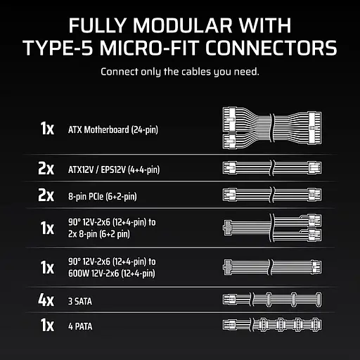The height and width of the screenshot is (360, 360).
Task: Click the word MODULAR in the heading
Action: [183, 25]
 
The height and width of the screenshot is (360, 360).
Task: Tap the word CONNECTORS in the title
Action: [271, 48]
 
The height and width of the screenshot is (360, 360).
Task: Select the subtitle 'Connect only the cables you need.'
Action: [180, 72]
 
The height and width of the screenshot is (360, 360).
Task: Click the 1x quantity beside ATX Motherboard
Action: [47, 129]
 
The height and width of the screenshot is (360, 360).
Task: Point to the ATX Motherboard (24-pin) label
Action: [113, 129]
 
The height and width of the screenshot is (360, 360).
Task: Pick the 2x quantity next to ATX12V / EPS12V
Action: [46, 168]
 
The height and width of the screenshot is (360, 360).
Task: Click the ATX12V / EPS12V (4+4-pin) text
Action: [114, 169]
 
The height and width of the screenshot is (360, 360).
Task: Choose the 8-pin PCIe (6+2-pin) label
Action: [103, 196]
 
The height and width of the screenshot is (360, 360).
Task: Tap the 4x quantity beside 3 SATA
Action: [46, 300]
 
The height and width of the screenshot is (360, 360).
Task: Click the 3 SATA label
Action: [80, 302]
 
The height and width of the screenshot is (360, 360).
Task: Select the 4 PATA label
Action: [80, 326]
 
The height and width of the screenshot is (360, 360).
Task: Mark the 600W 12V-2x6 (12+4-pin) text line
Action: [112, 274]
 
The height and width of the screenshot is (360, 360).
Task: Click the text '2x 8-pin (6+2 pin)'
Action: [99, 234]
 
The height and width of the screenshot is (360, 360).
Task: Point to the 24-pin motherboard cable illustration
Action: [272, 128]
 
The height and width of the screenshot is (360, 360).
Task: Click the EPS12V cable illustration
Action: [272, 168]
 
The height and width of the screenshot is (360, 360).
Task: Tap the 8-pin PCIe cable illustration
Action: [272, 195]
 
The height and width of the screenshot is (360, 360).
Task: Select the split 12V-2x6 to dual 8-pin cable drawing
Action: [272, 228]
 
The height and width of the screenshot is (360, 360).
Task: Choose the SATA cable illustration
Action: [272, 300]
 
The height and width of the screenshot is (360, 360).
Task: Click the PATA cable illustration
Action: [272, 325]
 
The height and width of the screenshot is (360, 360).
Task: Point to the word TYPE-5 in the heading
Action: [58, 48]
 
